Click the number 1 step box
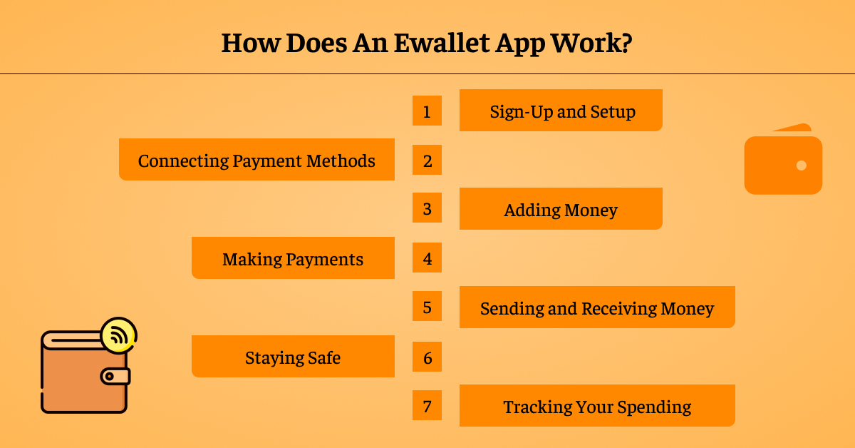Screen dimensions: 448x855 tap(427, 111)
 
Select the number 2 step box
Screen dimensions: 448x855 tap(427, 160)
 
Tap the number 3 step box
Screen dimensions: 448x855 tap(427, 209)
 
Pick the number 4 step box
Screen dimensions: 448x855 tap(427, 258)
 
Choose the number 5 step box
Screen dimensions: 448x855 tap(427, 307)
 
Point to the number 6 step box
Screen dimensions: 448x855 tap(427, 357)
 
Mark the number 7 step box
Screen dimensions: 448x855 tap(427, 406)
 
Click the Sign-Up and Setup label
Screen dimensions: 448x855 tap(561, 111)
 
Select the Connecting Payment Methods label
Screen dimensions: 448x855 tap(256, 160)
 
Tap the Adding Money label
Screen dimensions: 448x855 tap(561, 210)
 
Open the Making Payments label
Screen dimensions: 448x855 tap(293, 258)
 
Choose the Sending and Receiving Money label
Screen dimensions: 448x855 tap(597, 308)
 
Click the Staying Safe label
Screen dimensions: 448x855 tap(293, 357)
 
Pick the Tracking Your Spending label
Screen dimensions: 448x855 tap(597, 407)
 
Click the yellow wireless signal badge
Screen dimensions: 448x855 tap(119, 335)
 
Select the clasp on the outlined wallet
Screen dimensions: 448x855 tap(115, 376)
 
